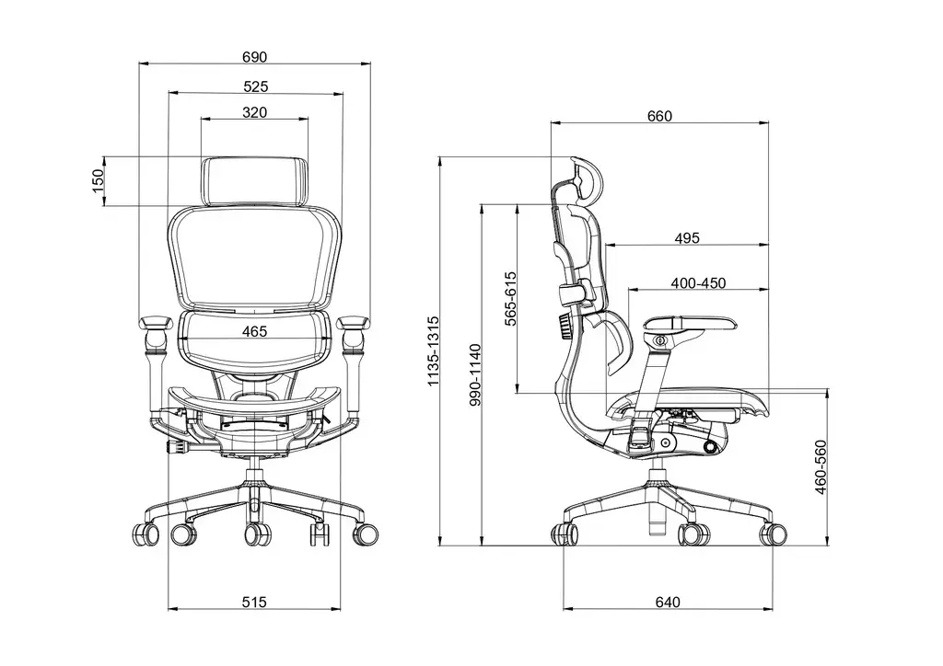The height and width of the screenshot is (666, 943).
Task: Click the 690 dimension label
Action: (255, 57)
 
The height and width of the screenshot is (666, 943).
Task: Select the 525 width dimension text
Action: (255, 86)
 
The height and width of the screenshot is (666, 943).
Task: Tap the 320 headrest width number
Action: (255, 112)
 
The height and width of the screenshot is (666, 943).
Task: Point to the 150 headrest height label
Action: (98, 181)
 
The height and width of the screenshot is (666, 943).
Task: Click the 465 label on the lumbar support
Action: (255, 330)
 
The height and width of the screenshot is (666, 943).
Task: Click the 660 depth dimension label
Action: (660, 116)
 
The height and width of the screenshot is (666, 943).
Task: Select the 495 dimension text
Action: (687, 238)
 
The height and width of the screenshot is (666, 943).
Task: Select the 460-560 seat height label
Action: (821, 468)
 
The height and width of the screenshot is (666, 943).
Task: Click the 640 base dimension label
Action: (668, 603)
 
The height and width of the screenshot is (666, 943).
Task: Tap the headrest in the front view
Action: (255, 181)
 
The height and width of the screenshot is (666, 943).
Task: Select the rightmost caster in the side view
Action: (774, 534)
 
